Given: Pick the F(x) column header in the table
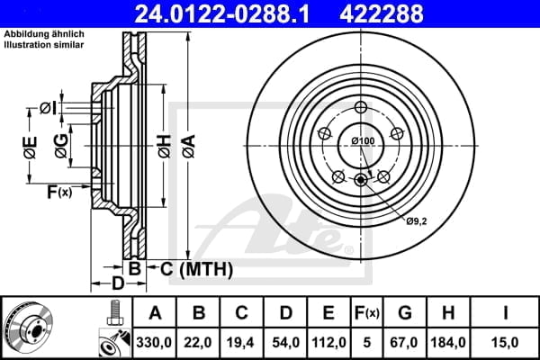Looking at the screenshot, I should click(x=367, y=313).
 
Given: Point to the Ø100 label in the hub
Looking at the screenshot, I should click(x=363, y=141).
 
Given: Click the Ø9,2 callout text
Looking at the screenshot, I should click(x=416, y=220).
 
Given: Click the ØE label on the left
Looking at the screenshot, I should click(x=31, y=149).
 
